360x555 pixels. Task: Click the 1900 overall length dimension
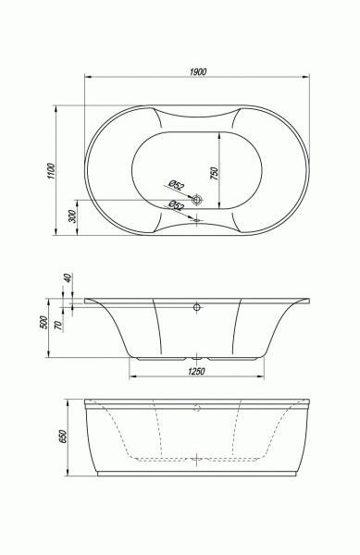click(x=198, y=71)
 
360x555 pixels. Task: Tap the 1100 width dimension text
click(x=52, y=171)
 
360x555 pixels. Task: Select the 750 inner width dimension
click(x=215, y=173)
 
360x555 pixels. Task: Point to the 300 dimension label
click(x=72, y=216)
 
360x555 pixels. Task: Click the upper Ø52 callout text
click(x=176, y=185)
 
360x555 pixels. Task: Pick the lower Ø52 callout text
click(x=176, y=205)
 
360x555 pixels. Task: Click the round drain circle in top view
click(x=196, y=200)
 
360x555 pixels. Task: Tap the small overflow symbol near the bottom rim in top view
click(x=197, y=220)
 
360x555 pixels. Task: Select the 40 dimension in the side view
click(x=68, y=277)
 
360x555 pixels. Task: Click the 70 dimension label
click(x=58, y=325)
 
